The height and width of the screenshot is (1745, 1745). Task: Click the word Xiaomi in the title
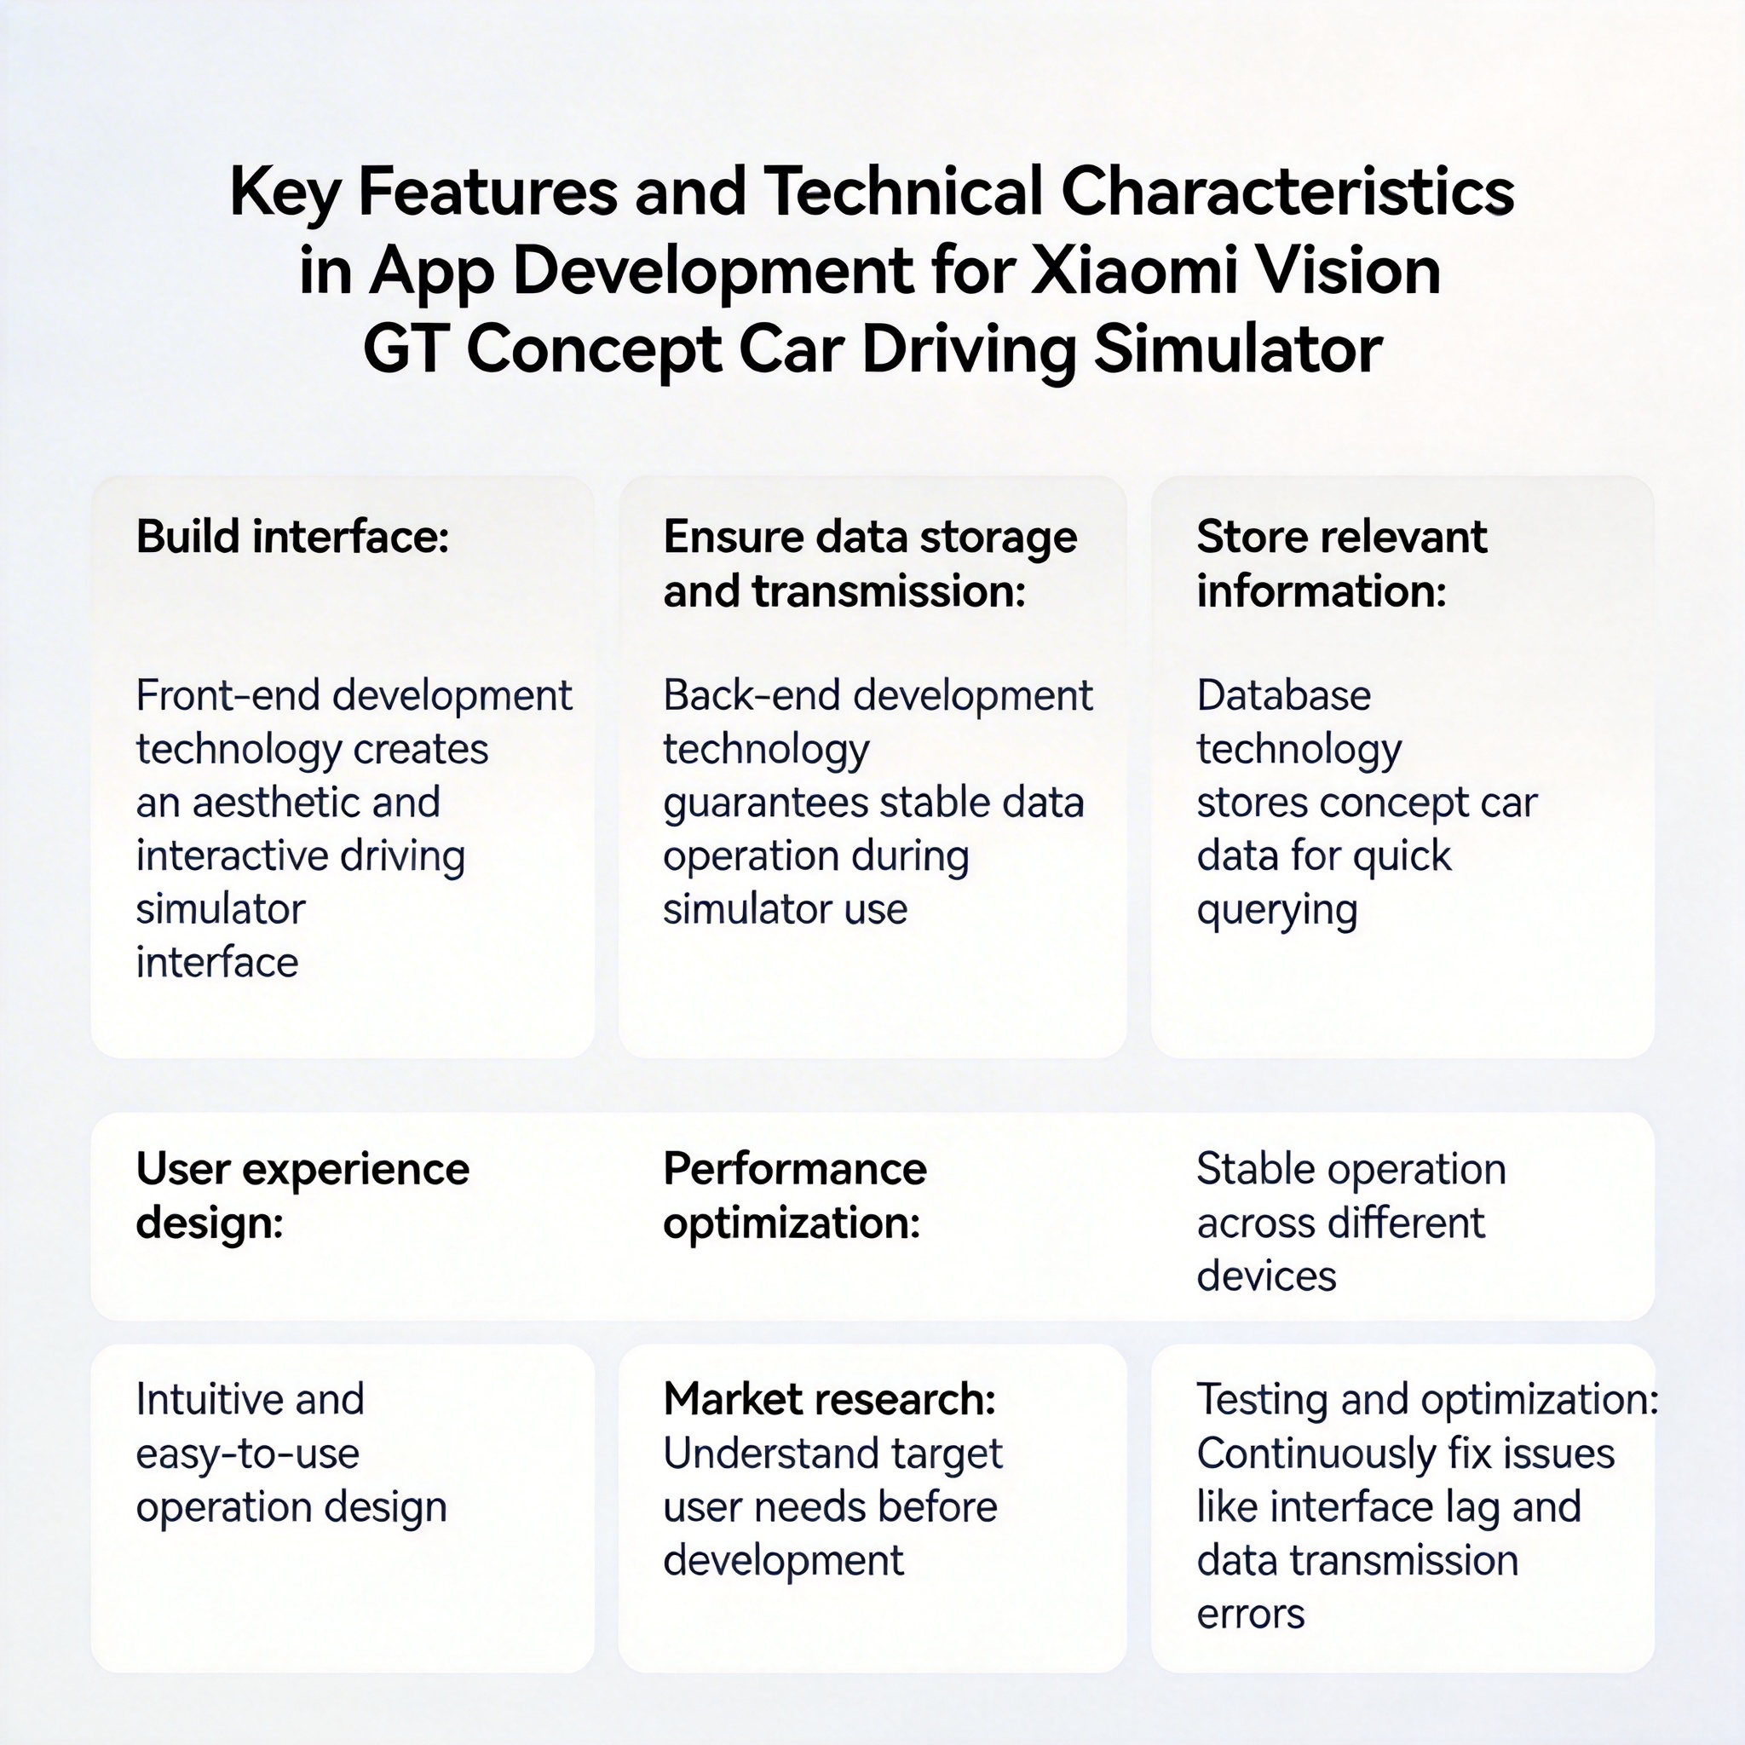click(1132, 271)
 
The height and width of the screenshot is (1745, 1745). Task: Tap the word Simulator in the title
click(1237, 349)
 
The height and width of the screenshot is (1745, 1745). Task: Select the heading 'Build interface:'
click(292, 537)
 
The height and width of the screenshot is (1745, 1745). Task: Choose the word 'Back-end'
click(752, 695)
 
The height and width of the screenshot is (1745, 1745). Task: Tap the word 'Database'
click(1283, 695)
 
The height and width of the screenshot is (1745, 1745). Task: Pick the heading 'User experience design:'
click(302, 1195)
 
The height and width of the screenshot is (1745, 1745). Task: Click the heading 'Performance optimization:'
click(795, 1195)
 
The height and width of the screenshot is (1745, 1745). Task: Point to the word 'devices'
click(1266, 1276)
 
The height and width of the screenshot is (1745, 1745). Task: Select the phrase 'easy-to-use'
click(247, 1455)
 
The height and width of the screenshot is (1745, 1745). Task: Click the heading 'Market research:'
click(829, 1399)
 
